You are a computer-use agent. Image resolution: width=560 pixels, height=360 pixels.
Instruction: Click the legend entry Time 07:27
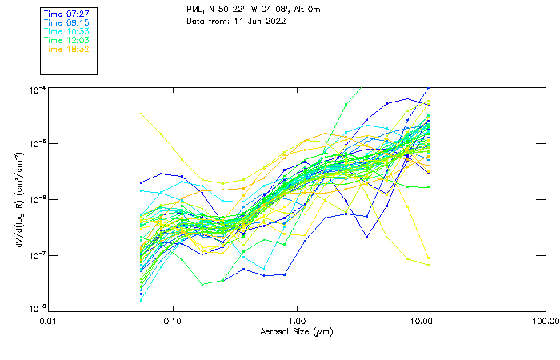pyautogui.click(x=66, y=14)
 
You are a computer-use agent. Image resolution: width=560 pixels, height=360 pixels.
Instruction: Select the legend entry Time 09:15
pyautogui.click(x=66, y=22)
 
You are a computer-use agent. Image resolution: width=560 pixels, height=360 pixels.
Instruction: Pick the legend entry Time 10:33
pyautogui.click(x=66, y=31)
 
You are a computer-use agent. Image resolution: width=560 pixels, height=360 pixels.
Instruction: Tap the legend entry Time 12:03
pyautogui.click(x=66, y=40)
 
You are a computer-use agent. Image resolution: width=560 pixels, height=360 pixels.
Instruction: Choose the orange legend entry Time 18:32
pyautogui.click(x=66, y=49)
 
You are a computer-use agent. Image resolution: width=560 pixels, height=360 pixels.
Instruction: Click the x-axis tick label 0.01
pyautogui.click(x=49, y=321)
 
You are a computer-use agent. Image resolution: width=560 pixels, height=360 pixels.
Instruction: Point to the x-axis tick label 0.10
pyautogui.click(x=173, y=321)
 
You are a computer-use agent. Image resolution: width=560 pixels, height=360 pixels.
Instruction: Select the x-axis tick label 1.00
pyautogui.click(x=298, y=321)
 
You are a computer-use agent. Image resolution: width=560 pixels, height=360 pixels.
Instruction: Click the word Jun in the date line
pyautogui.click(x=251, y=21)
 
